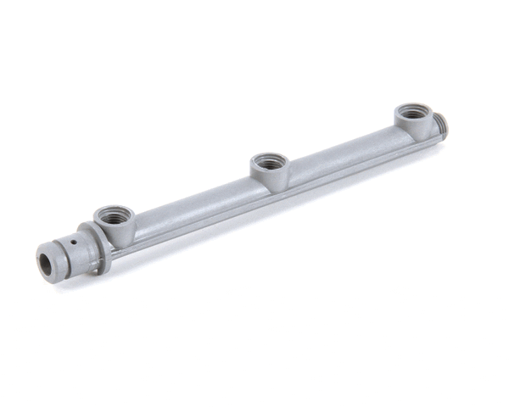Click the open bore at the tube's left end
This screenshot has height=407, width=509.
tap(45, 262)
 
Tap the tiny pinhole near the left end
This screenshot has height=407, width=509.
tap(74, 242)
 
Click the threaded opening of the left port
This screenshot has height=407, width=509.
tap(113, 214)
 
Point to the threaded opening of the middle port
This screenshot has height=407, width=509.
tap(270, 161)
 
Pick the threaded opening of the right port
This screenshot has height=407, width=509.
tap(413, 112)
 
